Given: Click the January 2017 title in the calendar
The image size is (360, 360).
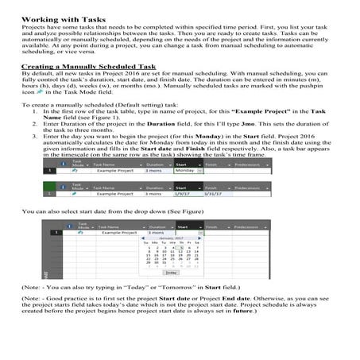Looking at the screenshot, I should (x=165, y=238).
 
